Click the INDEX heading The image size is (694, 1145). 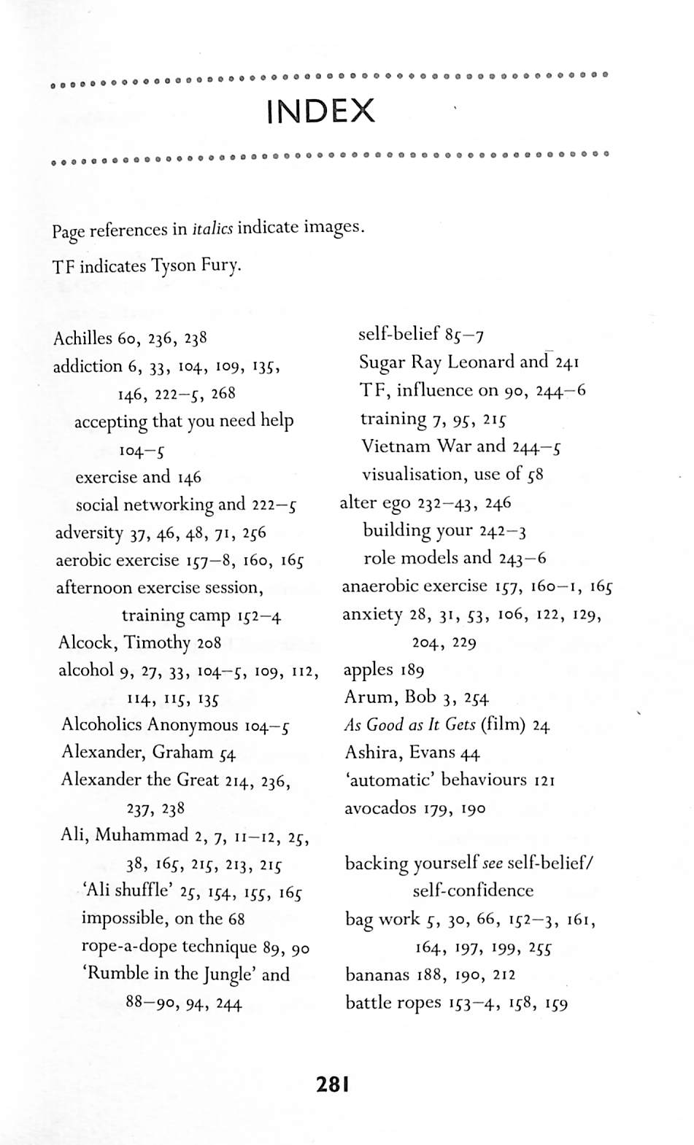coord(320,112)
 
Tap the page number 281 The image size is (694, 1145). coord(333,1084)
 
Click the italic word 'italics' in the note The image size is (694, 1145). coord(212,229)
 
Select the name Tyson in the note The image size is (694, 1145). coord(174,265)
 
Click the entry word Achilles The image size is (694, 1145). coord(83,338)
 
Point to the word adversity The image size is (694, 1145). coord(89,532)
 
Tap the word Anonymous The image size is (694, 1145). coord(193,725)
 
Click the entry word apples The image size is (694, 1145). coord(369,669)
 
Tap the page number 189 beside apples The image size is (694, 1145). coord(412,670)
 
